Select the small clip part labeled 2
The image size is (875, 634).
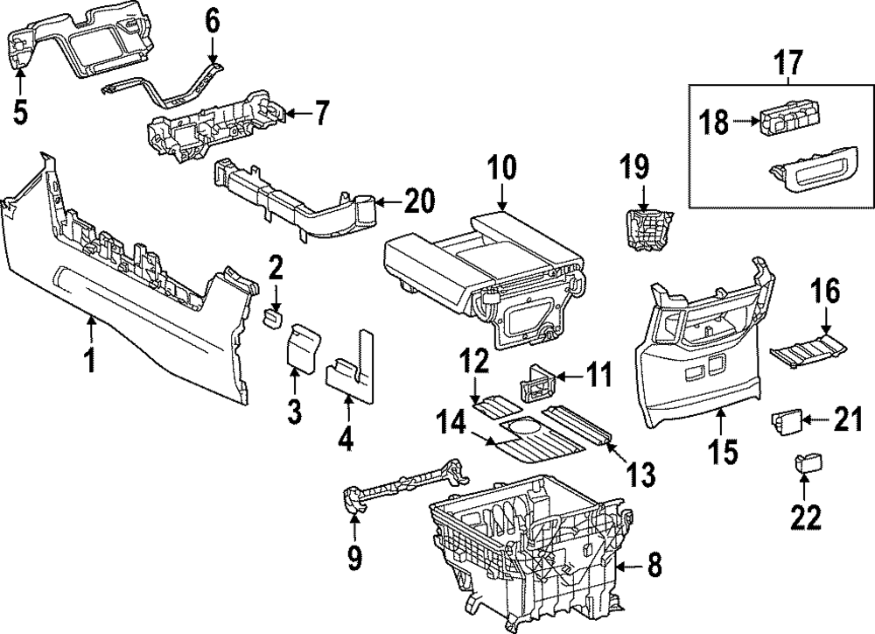(273, 316)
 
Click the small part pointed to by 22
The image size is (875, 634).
(806, 461)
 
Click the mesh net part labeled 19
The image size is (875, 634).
(648, 227)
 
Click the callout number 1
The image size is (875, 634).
(90, 359)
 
